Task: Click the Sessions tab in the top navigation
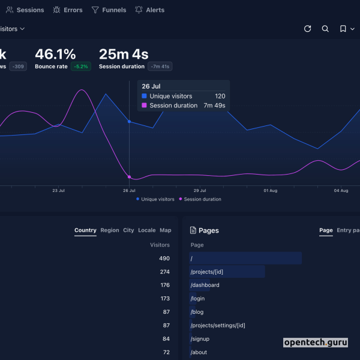(25, 10)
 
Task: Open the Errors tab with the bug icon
(68, 10)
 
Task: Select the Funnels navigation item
(109, 10)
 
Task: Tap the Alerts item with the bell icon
(149, 10)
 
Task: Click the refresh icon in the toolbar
(308, 29)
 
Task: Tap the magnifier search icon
(325, 29)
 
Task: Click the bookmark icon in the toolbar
(343, 29)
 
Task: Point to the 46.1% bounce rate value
(55, 55)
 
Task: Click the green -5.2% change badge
(81, 67)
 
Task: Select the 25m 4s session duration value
(124, 55)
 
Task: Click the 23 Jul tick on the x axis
(58, 191)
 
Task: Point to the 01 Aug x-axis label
(271, 191)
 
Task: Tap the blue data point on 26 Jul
(129, 121)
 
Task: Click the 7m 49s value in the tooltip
(214, 106)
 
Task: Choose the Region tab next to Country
(110, 230)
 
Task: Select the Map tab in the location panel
(165, 230)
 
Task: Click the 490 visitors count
(164, 259)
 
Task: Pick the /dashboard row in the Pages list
(205, 285)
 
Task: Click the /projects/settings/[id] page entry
(218, 325)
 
